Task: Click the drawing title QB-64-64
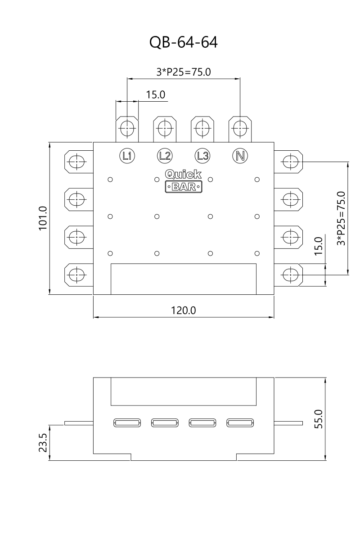point(183,42)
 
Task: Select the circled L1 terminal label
point(127,156)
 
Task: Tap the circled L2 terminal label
point(165,156)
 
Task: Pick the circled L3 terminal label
point(202,156)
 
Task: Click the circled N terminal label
point(240,156)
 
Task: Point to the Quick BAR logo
point(184,181)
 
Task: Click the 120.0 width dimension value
point(183,310)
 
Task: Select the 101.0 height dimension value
point(43,218)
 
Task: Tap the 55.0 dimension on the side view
point(319,419)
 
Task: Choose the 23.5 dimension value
point(43,443)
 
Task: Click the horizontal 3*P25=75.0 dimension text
point(184,72)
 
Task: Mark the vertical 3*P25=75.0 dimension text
point(341,218)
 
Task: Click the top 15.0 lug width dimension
point(156,95)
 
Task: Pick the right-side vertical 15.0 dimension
point(319,246)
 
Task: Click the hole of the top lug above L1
point(127,128)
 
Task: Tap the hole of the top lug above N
point(240,128)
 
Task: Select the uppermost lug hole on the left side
point(76,162)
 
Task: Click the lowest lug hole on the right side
point(291,274)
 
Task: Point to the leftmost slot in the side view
point(127,423)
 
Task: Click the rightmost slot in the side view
point(240,423)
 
